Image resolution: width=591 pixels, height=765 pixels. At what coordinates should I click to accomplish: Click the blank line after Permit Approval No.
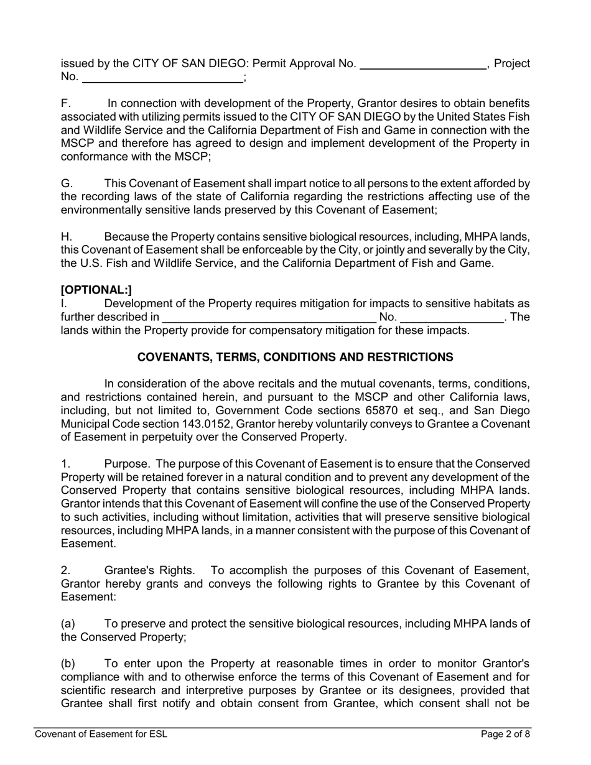423,65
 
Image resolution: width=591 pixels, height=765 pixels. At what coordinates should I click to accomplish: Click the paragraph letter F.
65,103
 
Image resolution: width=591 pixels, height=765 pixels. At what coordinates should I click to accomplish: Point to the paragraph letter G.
66,183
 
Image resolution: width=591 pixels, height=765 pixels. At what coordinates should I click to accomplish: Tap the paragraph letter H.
66,237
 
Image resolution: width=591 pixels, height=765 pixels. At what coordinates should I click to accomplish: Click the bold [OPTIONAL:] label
96,290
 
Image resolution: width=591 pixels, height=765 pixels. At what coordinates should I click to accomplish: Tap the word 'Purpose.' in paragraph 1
127,464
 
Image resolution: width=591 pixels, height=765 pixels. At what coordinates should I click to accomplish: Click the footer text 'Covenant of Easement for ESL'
101,735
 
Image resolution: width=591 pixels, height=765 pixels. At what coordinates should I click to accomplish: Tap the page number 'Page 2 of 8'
505,735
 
